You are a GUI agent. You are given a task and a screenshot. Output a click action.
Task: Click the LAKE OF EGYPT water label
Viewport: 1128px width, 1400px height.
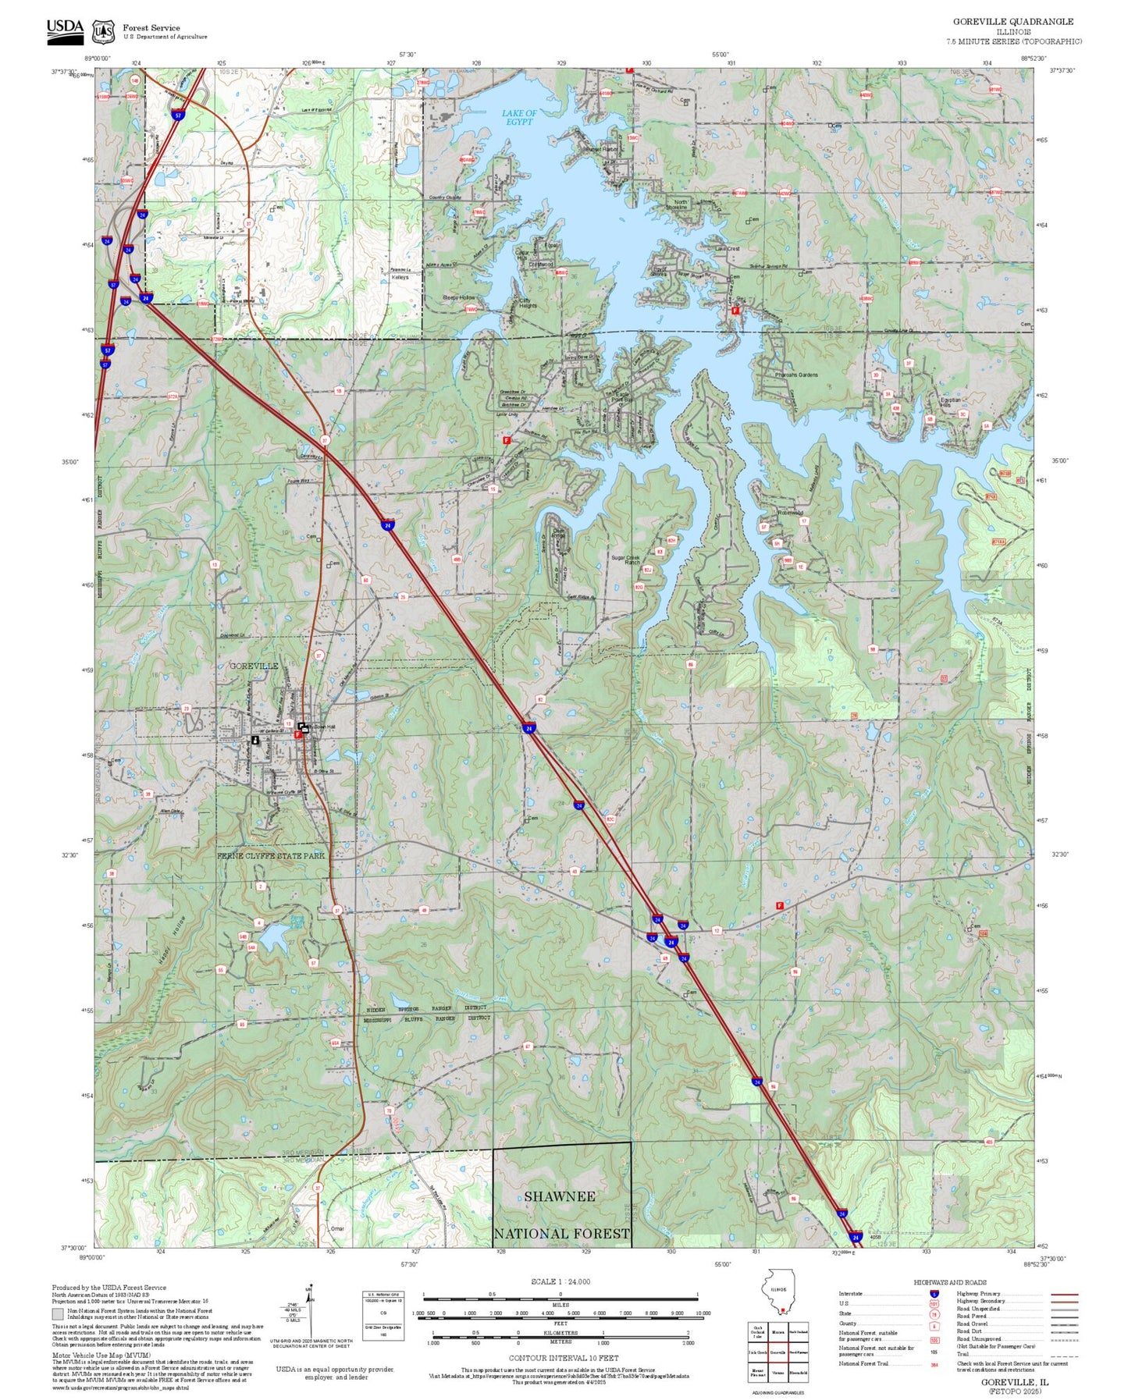click(x=519, y=118)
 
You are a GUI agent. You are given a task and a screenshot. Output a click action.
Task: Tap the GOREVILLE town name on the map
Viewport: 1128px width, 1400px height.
click(x=253, y=666)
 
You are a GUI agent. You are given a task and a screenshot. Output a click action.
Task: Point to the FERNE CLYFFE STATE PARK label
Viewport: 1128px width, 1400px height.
click(x=270, y=855)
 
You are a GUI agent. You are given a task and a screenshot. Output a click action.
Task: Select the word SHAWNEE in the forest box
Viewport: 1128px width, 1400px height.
click(x=559, y=1196)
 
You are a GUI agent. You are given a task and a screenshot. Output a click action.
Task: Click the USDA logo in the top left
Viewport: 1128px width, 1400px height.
click(x=65, y=28)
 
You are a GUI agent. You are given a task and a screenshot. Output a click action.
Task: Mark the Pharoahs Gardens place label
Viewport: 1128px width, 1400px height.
click(x=796, y=375)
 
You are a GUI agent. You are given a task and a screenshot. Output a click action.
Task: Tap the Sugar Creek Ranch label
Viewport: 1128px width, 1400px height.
click(x=625, y=560)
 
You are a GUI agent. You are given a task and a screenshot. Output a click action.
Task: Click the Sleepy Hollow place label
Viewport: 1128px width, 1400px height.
click(x=458, y=298)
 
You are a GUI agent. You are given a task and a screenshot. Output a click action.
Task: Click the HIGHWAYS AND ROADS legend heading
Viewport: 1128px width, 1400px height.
click(x=949, y=1282)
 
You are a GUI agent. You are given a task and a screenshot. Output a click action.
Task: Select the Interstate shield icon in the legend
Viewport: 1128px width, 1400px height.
click(x=934, y=1293)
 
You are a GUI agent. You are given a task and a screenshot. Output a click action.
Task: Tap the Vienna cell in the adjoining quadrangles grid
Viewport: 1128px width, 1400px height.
click(x=778, y=1373)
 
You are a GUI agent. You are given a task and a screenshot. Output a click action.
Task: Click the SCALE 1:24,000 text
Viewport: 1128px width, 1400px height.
click(x=560, y=1281)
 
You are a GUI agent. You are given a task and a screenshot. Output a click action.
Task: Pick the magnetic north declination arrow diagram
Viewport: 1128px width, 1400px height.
click(x=309, y=1319)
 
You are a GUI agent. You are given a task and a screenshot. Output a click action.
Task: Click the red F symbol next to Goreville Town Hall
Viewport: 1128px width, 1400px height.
click(x=298, y=734)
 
